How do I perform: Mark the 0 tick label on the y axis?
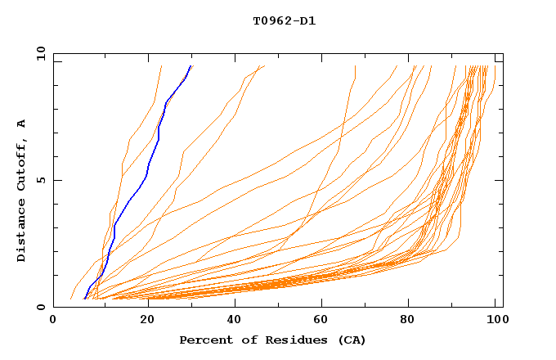[40, 307]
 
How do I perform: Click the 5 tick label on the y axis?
[40, 180]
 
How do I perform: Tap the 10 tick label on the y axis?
[38, 53]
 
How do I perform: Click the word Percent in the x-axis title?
[202, 340]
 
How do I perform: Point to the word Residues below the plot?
[290, 340]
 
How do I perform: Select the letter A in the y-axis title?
[21, 124]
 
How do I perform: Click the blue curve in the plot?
[147, 172]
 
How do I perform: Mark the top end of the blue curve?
[191, 66]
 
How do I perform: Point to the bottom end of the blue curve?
[84, 299]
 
